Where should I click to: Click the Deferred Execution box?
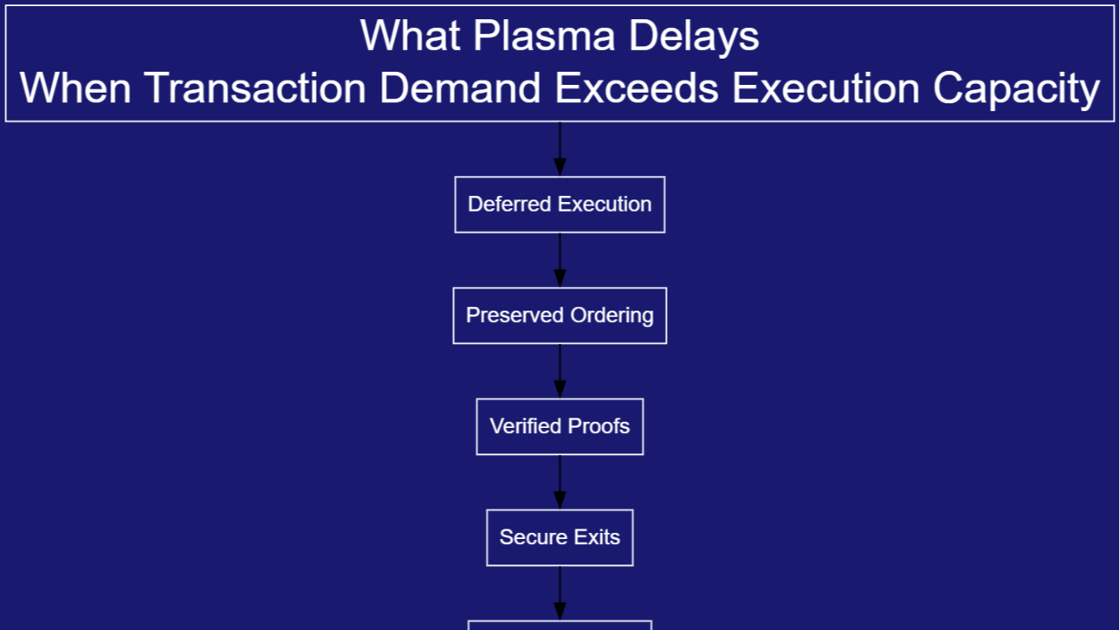click(x=560, y=205)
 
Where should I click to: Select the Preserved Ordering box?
click(x=560, y=315)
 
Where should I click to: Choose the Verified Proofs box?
click(x=560, y=426)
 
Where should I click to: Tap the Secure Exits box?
click(x=560, y=537)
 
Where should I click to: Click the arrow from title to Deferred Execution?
click(x=560, y=149)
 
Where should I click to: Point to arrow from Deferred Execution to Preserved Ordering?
click(x=560, y=260)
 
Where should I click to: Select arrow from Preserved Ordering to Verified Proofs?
click(x=560, y=371)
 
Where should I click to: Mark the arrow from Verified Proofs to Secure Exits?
click(x=560, y=482)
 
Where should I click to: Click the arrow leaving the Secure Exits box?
click(x=560, y=593)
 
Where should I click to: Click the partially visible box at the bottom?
click(x=560, y=625)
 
